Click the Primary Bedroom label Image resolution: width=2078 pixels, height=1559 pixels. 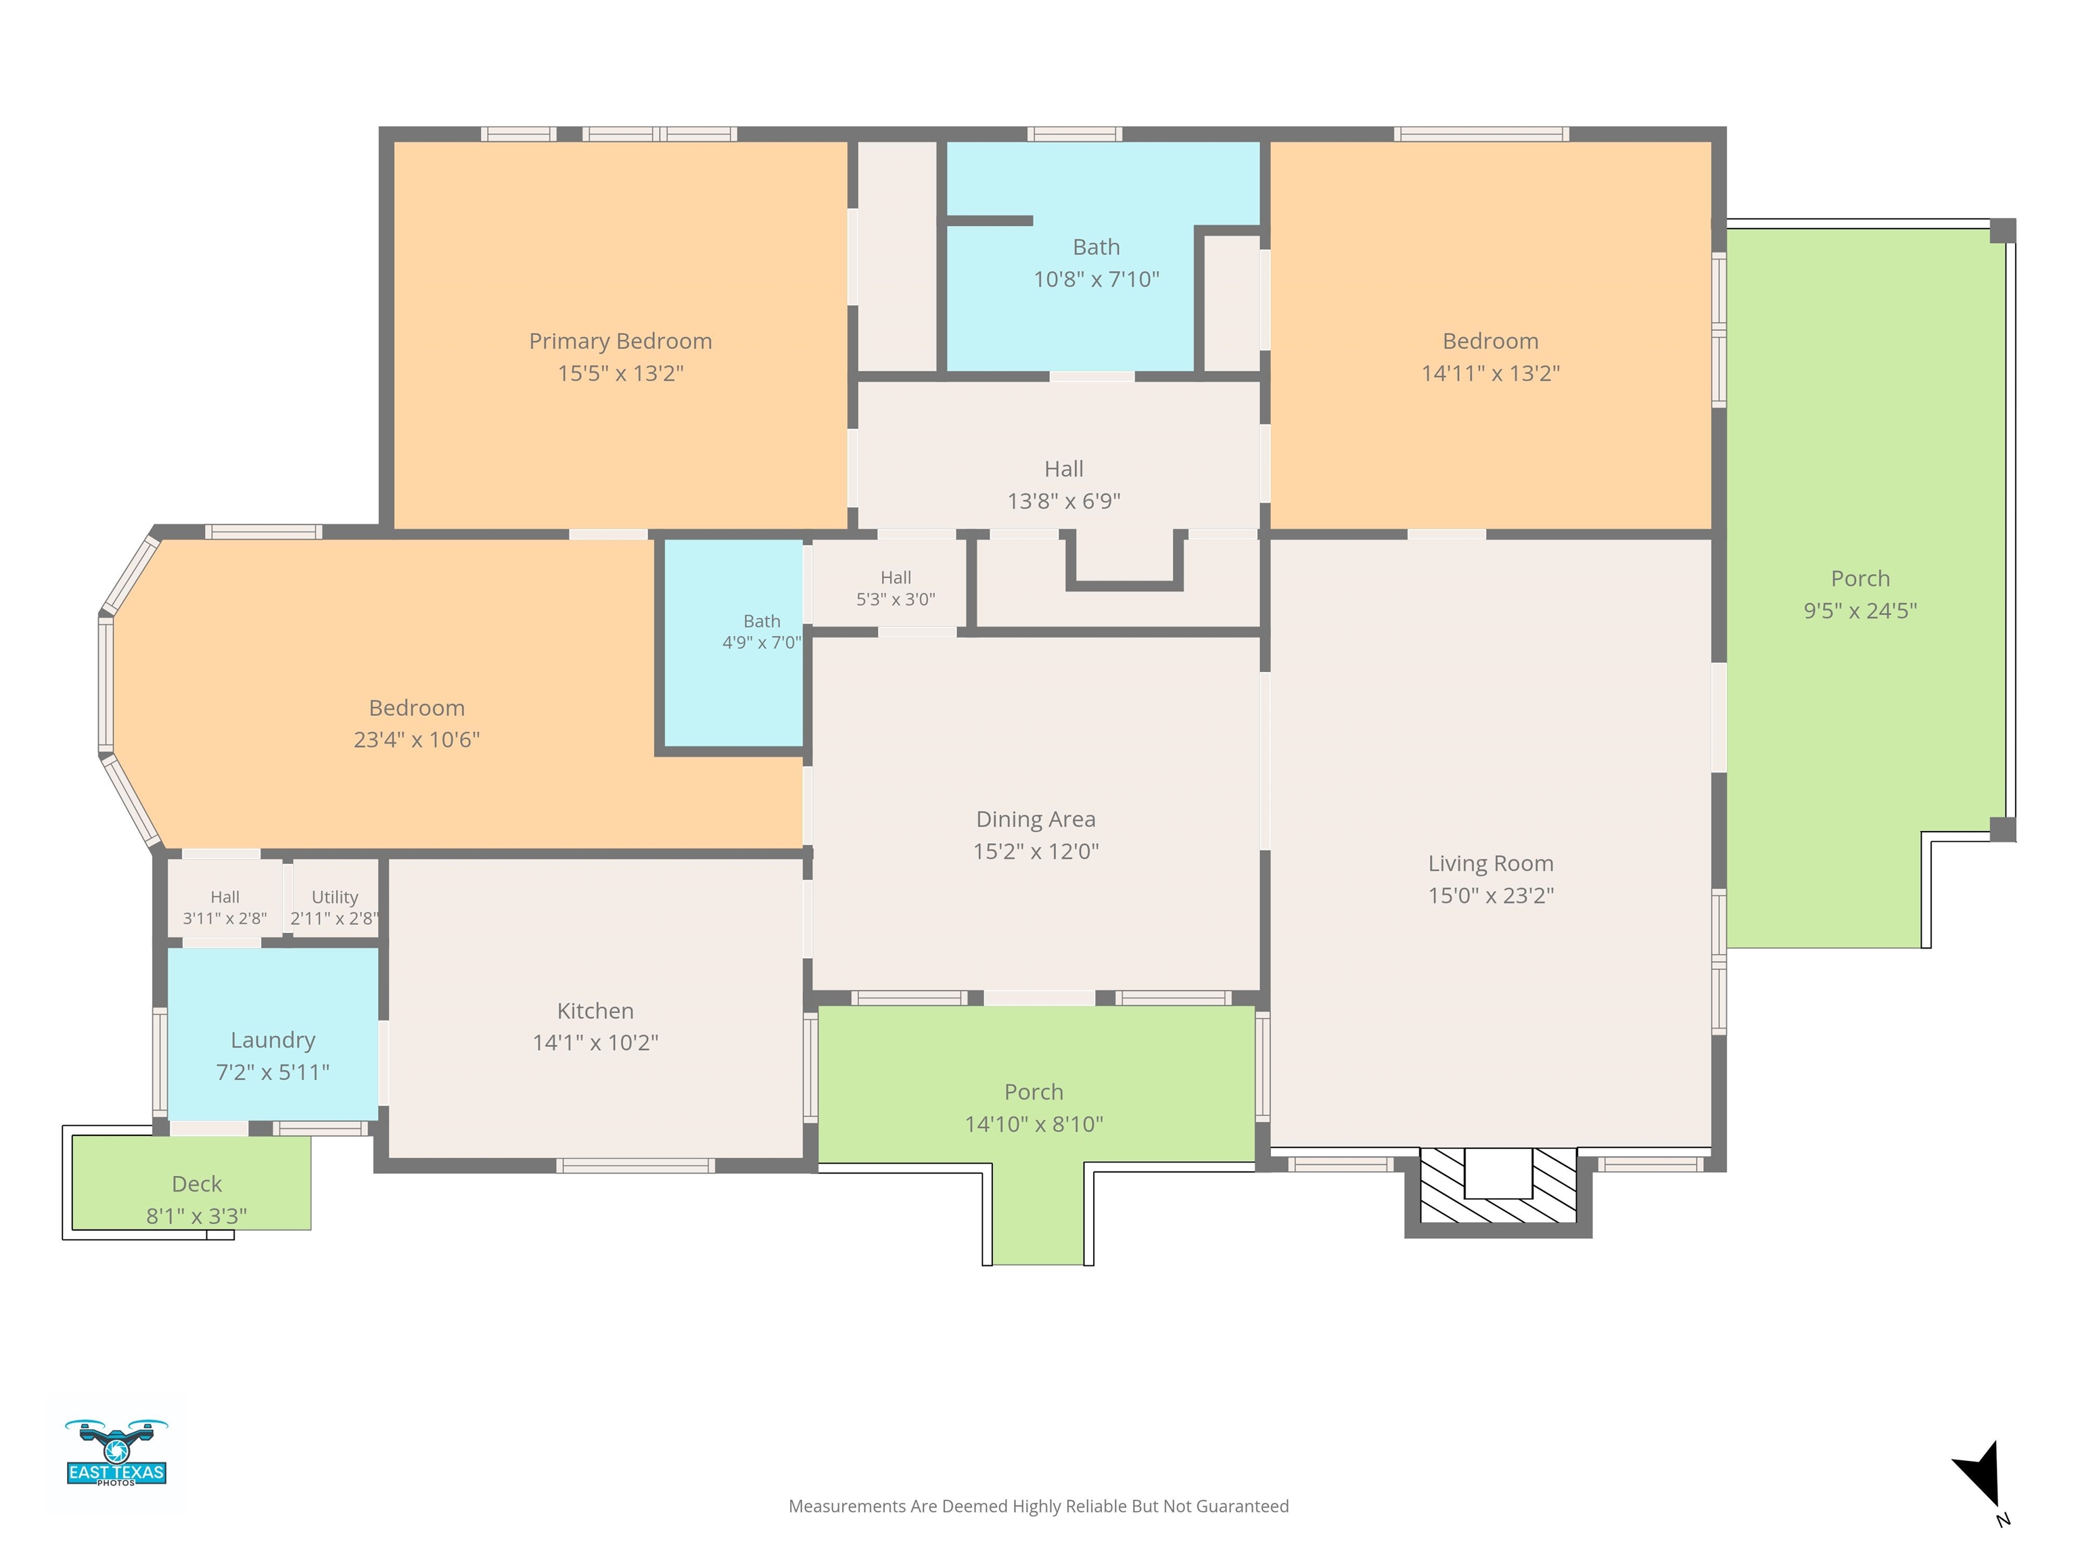pyautogui.click(x=620, y=341)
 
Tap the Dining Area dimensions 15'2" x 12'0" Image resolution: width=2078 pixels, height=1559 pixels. pyautogui.click(x=1035, y=851)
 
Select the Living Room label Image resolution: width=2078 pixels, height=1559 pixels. pyautogui.click(x=1491, y=863)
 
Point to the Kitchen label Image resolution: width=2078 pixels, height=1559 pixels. pyautogui.click(x=595, y=1010)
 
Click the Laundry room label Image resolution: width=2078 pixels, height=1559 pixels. pyautogui.click(x=273, y=1040)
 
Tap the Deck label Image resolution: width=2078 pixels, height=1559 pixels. pyautogui.click(x=196, y=1184)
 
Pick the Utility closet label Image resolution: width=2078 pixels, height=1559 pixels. pyautogui.click(x=334, y=897)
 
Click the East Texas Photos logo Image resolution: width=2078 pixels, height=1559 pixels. pyautogui.click(x=116, y=1453)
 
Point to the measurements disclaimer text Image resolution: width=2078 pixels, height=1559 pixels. pyautogui.click(x=1038, y=1506)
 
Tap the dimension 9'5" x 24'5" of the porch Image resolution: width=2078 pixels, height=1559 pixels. pyautogui.click(x=1860, y=611)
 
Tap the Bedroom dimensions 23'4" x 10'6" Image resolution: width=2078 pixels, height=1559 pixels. pyautogui.click(x=416, y=740)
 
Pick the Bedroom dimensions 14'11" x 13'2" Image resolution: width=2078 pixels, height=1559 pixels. pyautogui.click(x=1490, y=373)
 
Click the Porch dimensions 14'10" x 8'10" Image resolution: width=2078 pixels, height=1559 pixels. pyautogui.click(x=1034, y=1124)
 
